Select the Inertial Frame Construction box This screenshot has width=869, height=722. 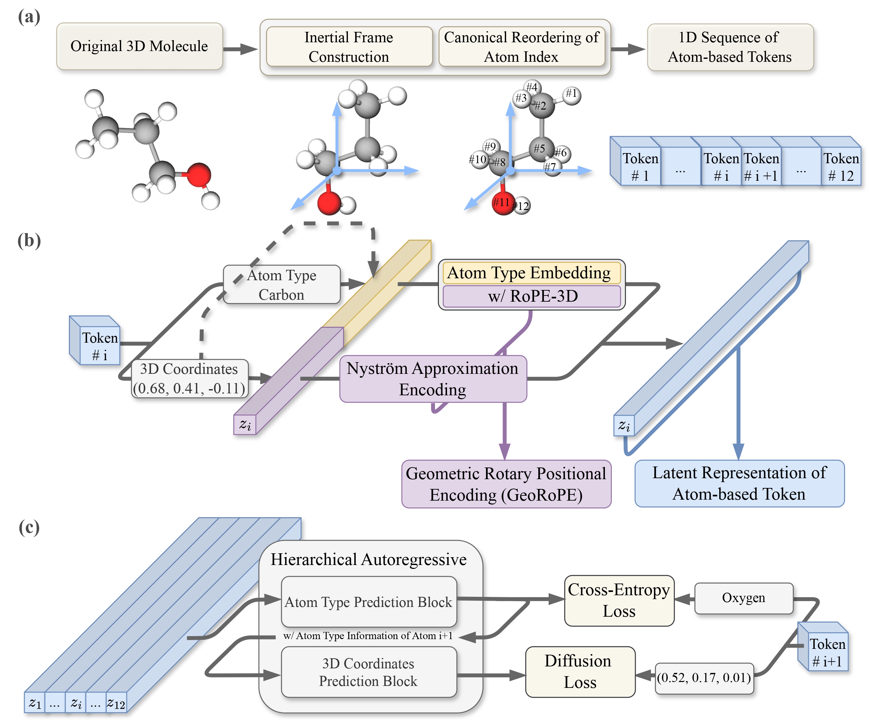point(349,47)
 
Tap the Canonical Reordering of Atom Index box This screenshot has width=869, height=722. point(521,47)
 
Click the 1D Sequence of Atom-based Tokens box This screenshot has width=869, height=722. point(730,47)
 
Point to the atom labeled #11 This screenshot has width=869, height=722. point(502,203)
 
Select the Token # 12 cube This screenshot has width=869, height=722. point(840,166)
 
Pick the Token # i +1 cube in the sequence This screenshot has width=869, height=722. point(760,166)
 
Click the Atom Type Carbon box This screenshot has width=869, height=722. point(281,285)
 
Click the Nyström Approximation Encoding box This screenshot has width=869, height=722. point(432,379)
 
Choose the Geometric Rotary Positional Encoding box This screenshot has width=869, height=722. point(506,484)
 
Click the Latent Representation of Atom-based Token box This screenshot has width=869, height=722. point(739,483)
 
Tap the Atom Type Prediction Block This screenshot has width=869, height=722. point(368,602)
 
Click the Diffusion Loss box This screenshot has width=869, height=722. point(580,672)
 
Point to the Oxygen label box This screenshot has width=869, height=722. point(744,598)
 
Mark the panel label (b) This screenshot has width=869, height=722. point(29,241)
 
